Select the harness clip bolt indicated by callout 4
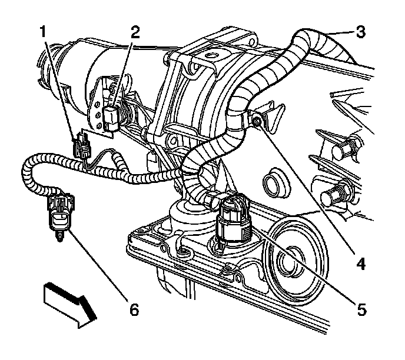[x=257, y=121]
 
